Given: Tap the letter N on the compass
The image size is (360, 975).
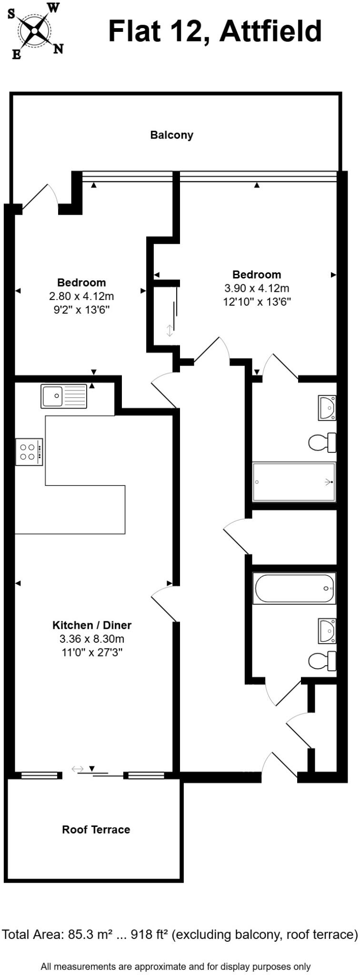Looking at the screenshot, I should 58,49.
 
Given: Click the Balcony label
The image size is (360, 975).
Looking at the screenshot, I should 171,135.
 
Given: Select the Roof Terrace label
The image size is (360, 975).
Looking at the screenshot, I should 96,829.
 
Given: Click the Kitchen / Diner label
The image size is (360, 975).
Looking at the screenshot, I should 91,625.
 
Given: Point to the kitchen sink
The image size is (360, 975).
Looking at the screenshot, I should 64,396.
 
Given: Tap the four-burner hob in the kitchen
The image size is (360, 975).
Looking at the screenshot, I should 29,452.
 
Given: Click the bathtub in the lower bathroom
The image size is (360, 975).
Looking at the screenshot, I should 294,588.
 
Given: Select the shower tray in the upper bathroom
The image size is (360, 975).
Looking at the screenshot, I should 294,482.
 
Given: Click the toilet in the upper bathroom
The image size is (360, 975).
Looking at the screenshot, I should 323,442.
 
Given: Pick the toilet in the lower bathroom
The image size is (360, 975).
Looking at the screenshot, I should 323,661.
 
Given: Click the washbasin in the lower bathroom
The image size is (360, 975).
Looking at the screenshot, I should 327,630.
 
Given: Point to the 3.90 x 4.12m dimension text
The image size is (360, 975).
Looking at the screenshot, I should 257,288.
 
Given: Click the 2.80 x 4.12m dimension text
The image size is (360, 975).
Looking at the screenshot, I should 81,296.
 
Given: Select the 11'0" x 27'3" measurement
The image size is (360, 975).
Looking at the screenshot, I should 92,652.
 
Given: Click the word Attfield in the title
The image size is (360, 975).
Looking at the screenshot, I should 271,31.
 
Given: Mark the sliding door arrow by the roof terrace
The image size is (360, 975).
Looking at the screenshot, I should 78,768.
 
